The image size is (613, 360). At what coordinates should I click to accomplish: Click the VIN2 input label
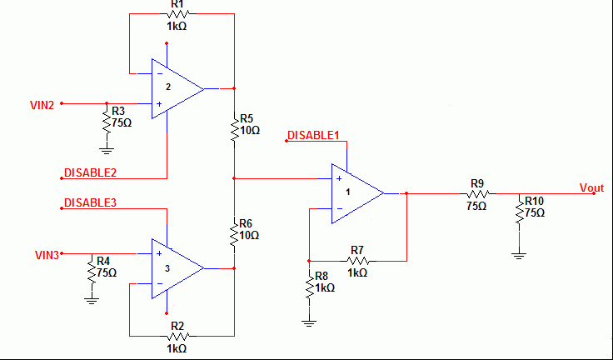coord(42,105)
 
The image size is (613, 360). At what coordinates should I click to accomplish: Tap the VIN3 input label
coord(47,255)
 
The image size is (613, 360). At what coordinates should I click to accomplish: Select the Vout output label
coord(592,187)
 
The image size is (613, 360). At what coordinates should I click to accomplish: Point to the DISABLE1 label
coord(313,135)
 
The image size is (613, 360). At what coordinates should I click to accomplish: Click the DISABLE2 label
coord(90,173)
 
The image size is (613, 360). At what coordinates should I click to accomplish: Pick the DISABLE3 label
coord(90,202)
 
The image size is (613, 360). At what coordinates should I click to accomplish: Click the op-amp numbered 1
coord(357,193)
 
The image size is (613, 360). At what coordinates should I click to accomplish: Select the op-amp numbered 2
coord(178,89)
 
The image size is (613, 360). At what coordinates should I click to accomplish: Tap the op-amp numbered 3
coord(178,268)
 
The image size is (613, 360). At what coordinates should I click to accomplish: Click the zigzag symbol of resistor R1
coord(178,14)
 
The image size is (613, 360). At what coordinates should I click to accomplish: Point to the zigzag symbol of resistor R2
coord(178,336)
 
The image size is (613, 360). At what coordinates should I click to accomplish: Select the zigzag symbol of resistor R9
coord(478,193)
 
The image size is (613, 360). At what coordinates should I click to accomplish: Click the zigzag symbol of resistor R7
coord(357,261)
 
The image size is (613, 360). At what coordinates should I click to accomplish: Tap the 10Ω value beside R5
coord(250,130)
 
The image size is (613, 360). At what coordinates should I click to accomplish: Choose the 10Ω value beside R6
coord(250,236)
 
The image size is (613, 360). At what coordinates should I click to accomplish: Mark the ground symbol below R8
coord(309,322)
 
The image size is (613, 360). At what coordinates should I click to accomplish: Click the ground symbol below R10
coord(519,256)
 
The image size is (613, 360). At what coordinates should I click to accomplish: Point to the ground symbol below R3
coord(107,151)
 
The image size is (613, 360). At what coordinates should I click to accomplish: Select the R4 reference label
coord(103,261)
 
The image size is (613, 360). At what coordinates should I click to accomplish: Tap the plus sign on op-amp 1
coord(339,178)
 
